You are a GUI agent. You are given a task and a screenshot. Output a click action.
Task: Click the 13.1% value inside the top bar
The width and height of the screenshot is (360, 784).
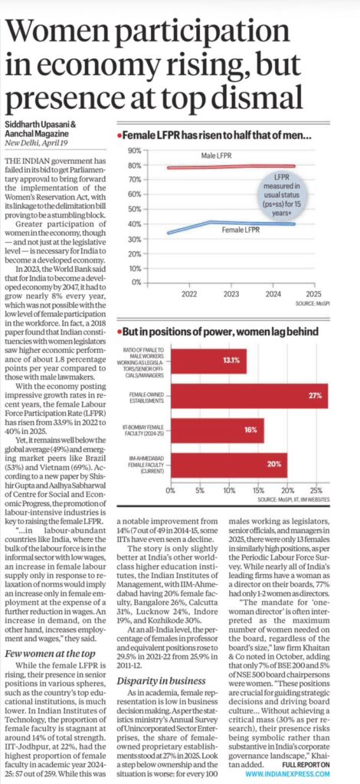pos(232,360)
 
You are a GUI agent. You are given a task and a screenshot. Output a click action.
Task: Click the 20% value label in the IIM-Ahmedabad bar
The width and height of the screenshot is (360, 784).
pos(272,465)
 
